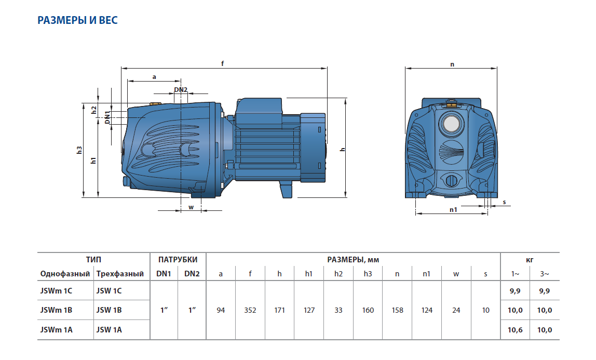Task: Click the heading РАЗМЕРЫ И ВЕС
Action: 78,21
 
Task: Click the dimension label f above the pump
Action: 223,63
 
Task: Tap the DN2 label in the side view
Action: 181,90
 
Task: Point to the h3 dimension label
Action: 79,150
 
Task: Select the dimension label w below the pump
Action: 191,207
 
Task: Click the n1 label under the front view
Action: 453,209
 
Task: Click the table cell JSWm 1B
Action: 56,310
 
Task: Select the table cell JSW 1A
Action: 109,329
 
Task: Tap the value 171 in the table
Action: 279,310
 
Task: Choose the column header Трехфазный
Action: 120,274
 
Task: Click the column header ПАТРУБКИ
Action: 178,259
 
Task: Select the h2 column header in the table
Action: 338,274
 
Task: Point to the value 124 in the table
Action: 427,310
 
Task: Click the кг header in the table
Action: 530,259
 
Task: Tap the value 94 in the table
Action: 221,310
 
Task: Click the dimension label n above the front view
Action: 452,64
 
